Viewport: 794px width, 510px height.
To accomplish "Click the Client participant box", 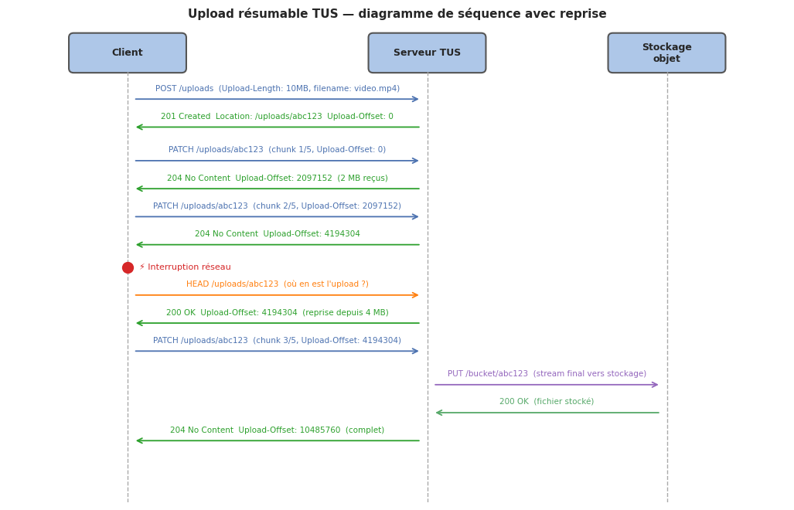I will tap(128, 53).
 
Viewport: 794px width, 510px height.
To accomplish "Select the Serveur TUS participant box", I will tap(427, 53).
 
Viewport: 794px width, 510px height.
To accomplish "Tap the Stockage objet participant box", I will tap(666, 53).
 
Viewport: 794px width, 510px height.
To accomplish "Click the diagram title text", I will tap(397, 14).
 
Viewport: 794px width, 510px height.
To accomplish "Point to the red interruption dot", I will tap(128, 267).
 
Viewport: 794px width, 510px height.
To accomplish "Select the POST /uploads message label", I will tap(278, 89).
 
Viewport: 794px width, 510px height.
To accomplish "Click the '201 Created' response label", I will tap(277, 117).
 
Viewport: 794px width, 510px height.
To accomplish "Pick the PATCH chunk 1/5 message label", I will tap(277, 150).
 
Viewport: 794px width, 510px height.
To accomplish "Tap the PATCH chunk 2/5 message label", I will tap(277, 206).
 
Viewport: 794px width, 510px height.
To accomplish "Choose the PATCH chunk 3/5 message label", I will tap(277, 341).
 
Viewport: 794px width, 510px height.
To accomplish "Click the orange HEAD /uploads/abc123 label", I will tap(277, 284).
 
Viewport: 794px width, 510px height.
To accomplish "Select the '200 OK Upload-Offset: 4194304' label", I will tap(277, 313).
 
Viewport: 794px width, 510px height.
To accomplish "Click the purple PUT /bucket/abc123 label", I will tap(547, 374).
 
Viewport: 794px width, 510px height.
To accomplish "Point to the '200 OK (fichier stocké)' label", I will tap(547, 402).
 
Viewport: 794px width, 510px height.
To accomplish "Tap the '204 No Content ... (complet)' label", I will tap(277, 430).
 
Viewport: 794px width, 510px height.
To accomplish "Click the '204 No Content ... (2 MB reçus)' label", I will tap(277, 178).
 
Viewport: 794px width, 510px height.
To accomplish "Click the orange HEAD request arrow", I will tap(277, 295).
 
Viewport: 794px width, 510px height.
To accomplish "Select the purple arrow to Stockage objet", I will tap(547, 385).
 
